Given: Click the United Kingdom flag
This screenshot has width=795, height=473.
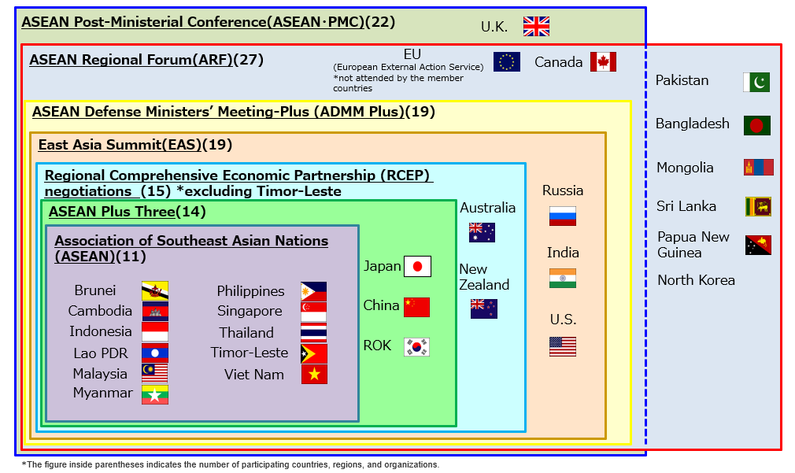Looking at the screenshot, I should pos(536,27).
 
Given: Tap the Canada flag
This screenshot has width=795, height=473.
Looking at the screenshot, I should pos(603,62).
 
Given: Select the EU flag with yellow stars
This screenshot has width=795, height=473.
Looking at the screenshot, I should pos(506,62).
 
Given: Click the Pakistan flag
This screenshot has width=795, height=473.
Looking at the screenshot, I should pos(756,82).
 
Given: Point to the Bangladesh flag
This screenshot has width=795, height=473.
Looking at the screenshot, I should pos(757,125).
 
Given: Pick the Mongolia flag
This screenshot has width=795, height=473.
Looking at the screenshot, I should pos(758,168).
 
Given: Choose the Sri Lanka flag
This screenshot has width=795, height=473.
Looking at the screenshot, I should pos(758,207).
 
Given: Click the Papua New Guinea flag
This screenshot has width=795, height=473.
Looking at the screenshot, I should pos(758,246).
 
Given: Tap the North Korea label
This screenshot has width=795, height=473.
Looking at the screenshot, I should pos(696,280).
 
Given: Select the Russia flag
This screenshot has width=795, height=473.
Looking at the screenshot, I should pos(562,216).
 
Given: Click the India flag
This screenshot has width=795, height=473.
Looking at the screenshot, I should pos(562,278).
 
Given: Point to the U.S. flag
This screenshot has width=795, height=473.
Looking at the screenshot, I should pos(562,346).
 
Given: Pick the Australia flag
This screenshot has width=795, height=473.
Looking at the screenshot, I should pos(482,232).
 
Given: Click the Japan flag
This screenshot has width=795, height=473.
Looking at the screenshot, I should pos(417,267).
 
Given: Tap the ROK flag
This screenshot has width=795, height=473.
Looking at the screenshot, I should pos(416,347).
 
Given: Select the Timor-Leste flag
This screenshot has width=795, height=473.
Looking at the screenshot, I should pos(314,353).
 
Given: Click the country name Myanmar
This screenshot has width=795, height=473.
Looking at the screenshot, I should pos(102,393).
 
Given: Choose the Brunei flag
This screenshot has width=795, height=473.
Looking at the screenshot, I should pos(154,291).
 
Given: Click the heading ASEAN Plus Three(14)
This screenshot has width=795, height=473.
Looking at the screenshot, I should pos(128,212).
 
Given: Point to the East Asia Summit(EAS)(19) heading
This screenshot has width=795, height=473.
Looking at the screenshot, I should pos(135,145).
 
